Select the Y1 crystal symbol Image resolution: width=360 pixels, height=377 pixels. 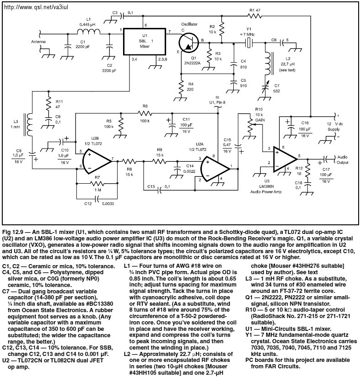[x=248, y=43]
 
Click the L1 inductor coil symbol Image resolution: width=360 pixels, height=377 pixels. [x=89, y=32]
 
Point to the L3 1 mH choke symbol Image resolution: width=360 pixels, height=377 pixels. [x=28, y=125]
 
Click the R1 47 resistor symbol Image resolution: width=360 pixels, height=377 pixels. [x=254, y=16]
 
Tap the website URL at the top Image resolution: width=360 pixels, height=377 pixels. [x=36, y=7]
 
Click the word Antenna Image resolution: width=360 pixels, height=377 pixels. [x=38, y=42]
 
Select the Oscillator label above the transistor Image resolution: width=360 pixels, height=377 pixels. [x=189, y=24]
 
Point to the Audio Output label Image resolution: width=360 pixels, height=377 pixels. [x=342, y=159]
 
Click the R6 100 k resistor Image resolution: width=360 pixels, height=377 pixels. [x=145, y=113]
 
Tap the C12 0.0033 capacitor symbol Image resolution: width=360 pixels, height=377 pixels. [x=97, y=199]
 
